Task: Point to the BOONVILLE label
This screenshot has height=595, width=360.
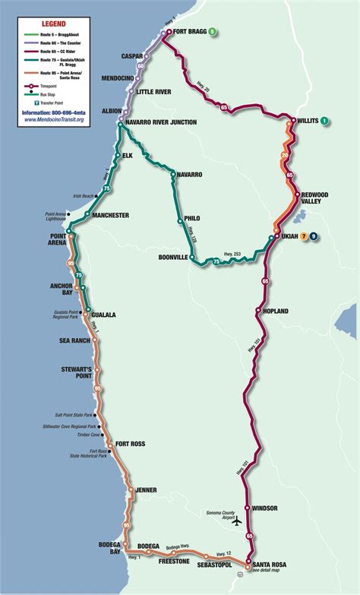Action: click(172, 258)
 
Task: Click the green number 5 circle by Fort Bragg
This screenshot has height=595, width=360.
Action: click(213, 32)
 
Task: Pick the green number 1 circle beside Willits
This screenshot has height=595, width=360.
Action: click(324, 121)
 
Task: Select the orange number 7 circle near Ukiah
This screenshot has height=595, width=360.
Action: click(304, 237)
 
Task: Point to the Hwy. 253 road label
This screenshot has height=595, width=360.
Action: click(234, 254)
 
